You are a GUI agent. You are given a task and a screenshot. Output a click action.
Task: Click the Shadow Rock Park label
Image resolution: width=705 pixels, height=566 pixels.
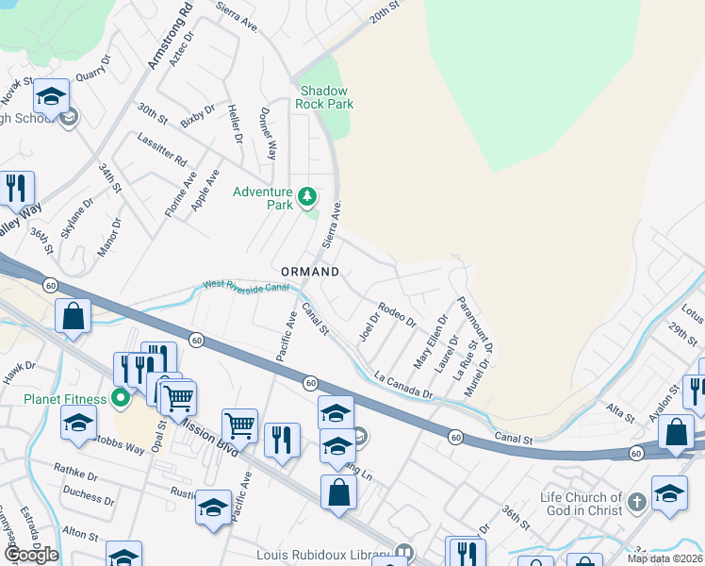[x=323, y=97]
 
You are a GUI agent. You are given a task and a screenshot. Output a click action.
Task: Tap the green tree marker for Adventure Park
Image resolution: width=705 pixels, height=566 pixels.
[x=306, y=197]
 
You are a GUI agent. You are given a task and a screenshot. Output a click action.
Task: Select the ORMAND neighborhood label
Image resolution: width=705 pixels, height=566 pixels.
[x=306, y=272]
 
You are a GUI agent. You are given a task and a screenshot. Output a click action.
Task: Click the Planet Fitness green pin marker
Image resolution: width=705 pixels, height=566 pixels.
[x=120, y=397]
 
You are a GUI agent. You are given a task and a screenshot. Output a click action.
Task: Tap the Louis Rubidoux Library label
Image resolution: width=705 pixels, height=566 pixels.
[x=323, y=554]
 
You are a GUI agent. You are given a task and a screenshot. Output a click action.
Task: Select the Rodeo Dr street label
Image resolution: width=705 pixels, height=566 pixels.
[x=396, y=313]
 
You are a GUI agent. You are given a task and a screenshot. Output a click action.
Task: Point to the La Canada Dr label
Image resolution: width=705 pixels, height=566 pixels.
[x=402, y=383]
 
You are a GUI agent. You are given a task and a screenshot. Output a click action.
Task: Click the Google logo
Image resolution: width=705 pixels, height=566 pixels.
[x=31, y=555]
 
